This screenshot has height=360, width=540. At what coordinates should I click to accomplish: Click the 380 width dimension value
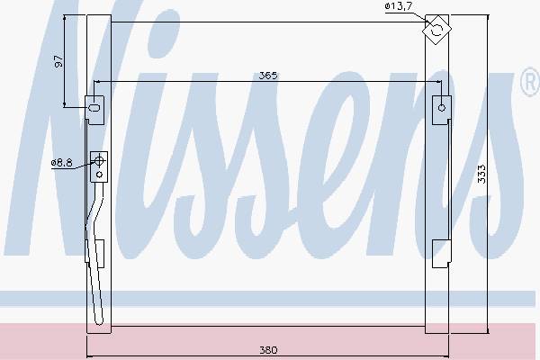click(268, 350)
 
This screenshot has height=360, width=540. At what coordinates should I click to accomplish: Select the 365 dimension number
click(268, 76)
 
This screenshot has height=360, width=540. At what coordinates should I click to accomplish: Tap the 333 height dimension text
click(482, 174)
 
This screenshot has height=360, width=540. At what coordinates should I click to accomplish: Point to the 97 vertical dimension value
click(58, 61)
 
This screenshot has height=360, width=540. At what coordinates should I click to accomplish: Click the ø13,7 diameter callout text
click(398, 6)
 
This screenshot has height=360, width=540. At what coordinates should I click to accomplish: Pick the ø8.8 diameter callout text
click(61, 163)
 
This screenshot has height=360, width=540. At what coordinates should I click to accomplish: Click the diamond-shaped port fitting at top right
click(436, 30)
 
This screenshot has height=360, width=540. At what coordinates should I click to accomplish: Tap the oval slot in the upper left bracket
click(94, 108)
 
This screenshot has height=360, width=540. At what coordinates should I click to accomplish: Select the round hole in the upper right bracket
click(442, 108)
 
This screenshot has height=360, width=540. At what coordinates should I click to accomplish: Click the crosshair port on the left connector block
click(99, 160)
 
